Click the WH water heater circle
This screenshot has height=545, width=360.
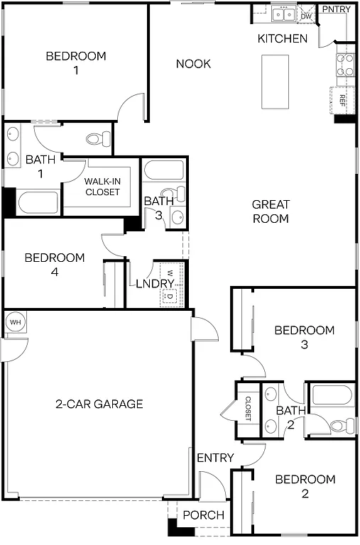click(x=14, y=321)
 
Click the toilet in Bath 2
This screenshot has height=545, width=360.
click(x=344, y=425)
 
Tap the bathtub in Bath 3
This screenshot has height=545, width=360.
click(x=163, y=170)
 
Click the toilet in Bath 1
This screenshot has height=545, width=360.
click(x=95, y=139)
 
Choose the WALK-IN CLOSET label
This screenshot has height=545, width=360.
click(x=102, y=187)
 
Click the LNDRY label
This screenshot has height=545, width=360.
click(x=156, y=284)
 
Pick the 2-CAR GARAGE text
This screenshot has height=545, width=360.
click(x=99, y=404)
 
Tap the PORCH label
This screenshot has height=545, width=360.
click(x=204, y=515)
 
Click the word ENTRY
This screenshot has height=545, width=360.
click(x=215, y=458)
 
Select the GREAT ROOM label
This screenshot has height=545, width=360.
click(x=271, y=211)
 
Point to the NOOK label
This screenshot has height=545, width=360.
click(x=193, y=64)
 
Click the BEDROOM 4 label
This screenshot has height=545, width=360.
click(x=55, y=265)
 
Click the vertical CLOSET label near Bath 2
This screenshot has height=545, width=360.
click(x=249, y=409)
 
